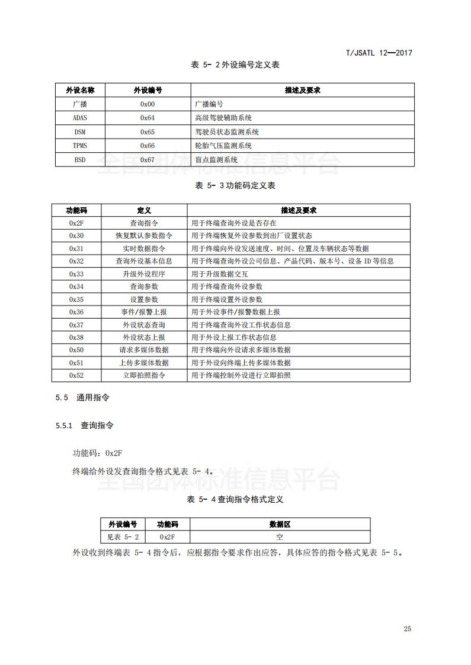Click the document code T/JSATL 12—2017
pos(379,53)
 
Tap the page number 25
pos(407,629)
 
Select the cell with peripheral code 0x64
pos(148,118)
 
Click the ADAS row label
pos(79,118)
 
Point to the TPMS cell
pos(79,146)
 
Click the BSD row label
pos(79,160)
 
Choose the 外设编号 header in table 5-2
pos(148,90)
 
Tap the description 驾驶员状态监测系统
pos(227,132)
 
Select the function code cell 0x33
pos(76,274)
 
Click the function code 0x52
pos(76,375)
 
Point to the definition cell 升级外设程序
pos(144,274)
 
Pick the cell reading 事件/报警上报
pos(144,312)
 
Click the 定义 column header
pos(144,211)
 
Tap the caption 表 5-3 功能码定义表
pos(235,185)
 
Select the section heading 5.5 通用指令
pos(82,398)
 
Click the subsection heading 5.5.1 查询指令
pos(84,425)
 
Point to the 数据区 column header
pos(280,525)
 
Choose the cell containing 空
pos(280,537)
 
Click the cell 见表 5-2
pos(123,537)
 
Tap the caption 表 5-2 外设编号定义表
pos(235,65)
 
